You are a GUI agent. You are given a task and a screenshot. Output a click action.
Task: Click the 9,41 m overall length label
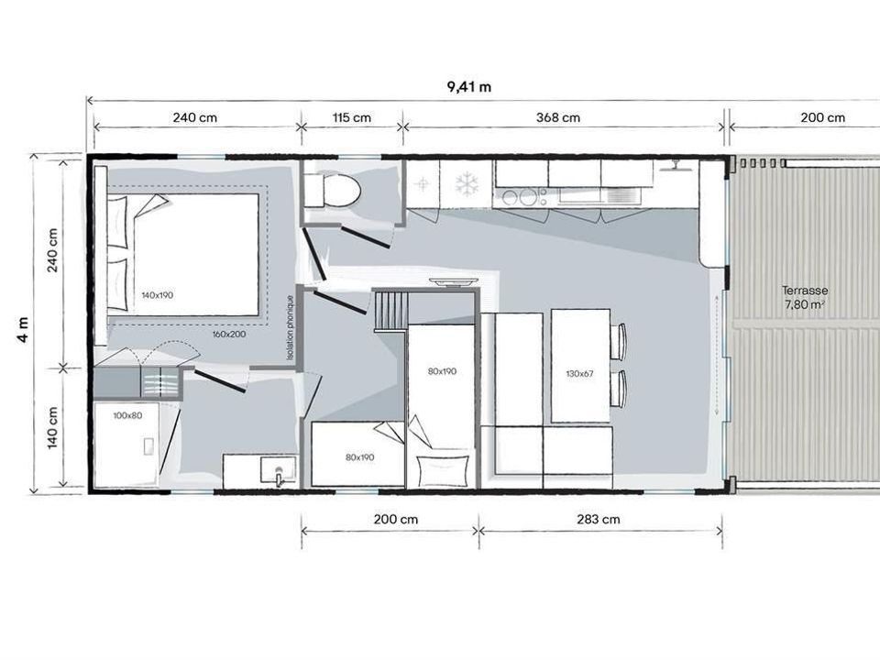tap(468, 86)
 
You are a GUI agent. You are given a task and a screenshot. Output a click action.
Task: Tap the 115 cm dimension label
tap(351, 117)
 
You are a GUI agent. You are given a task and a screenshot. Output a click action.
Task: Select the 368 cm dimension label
tap(558, 117)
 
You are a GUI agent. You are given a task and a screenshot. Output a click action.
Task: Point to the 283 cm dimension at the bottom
tap(599, 519)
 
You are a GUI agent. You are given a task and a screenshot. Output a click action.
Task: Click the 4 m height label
tap(23, 329)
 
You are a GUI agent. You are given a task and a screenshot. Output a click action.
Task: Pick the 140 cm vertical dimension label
tap(52, 428)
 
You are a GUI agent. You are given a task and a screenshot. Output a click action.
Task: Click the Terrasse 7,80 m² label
tap(805, 297)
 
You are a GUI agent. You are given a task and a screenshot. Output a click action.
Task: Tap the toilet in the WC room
tap(332, 191)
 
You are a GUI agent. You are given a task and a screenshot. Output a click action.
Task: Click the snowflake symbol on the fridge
tap(466, 183)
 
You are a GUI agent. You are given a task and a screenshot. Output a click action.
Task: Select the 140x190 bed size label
tap(157, 295)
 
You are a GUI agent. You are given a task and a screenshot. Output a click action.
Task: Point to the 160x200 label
tap(229, 334)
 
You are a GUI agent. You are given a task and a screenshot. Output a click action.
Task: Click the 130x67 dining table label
tap(579, 373)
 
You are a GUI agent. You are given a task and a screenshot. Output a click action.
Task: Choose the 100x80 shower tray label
tap(127, 415)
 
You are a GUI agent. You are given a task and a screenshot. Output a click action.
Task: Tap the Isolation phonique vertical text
tap(290, 328)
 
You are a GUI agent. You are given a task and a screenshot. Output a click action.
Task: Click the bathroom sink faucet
tap(279, 476)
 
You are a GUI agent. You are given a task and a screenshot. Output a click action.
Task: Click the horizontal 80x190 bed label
tap(359, 457)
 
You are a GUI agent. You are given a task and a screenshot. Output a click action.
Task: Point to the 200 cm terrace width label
tap(822, 117)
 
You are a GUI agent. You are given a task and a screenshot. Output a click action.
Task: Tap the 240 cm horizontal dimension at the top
tap(194, 117)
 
